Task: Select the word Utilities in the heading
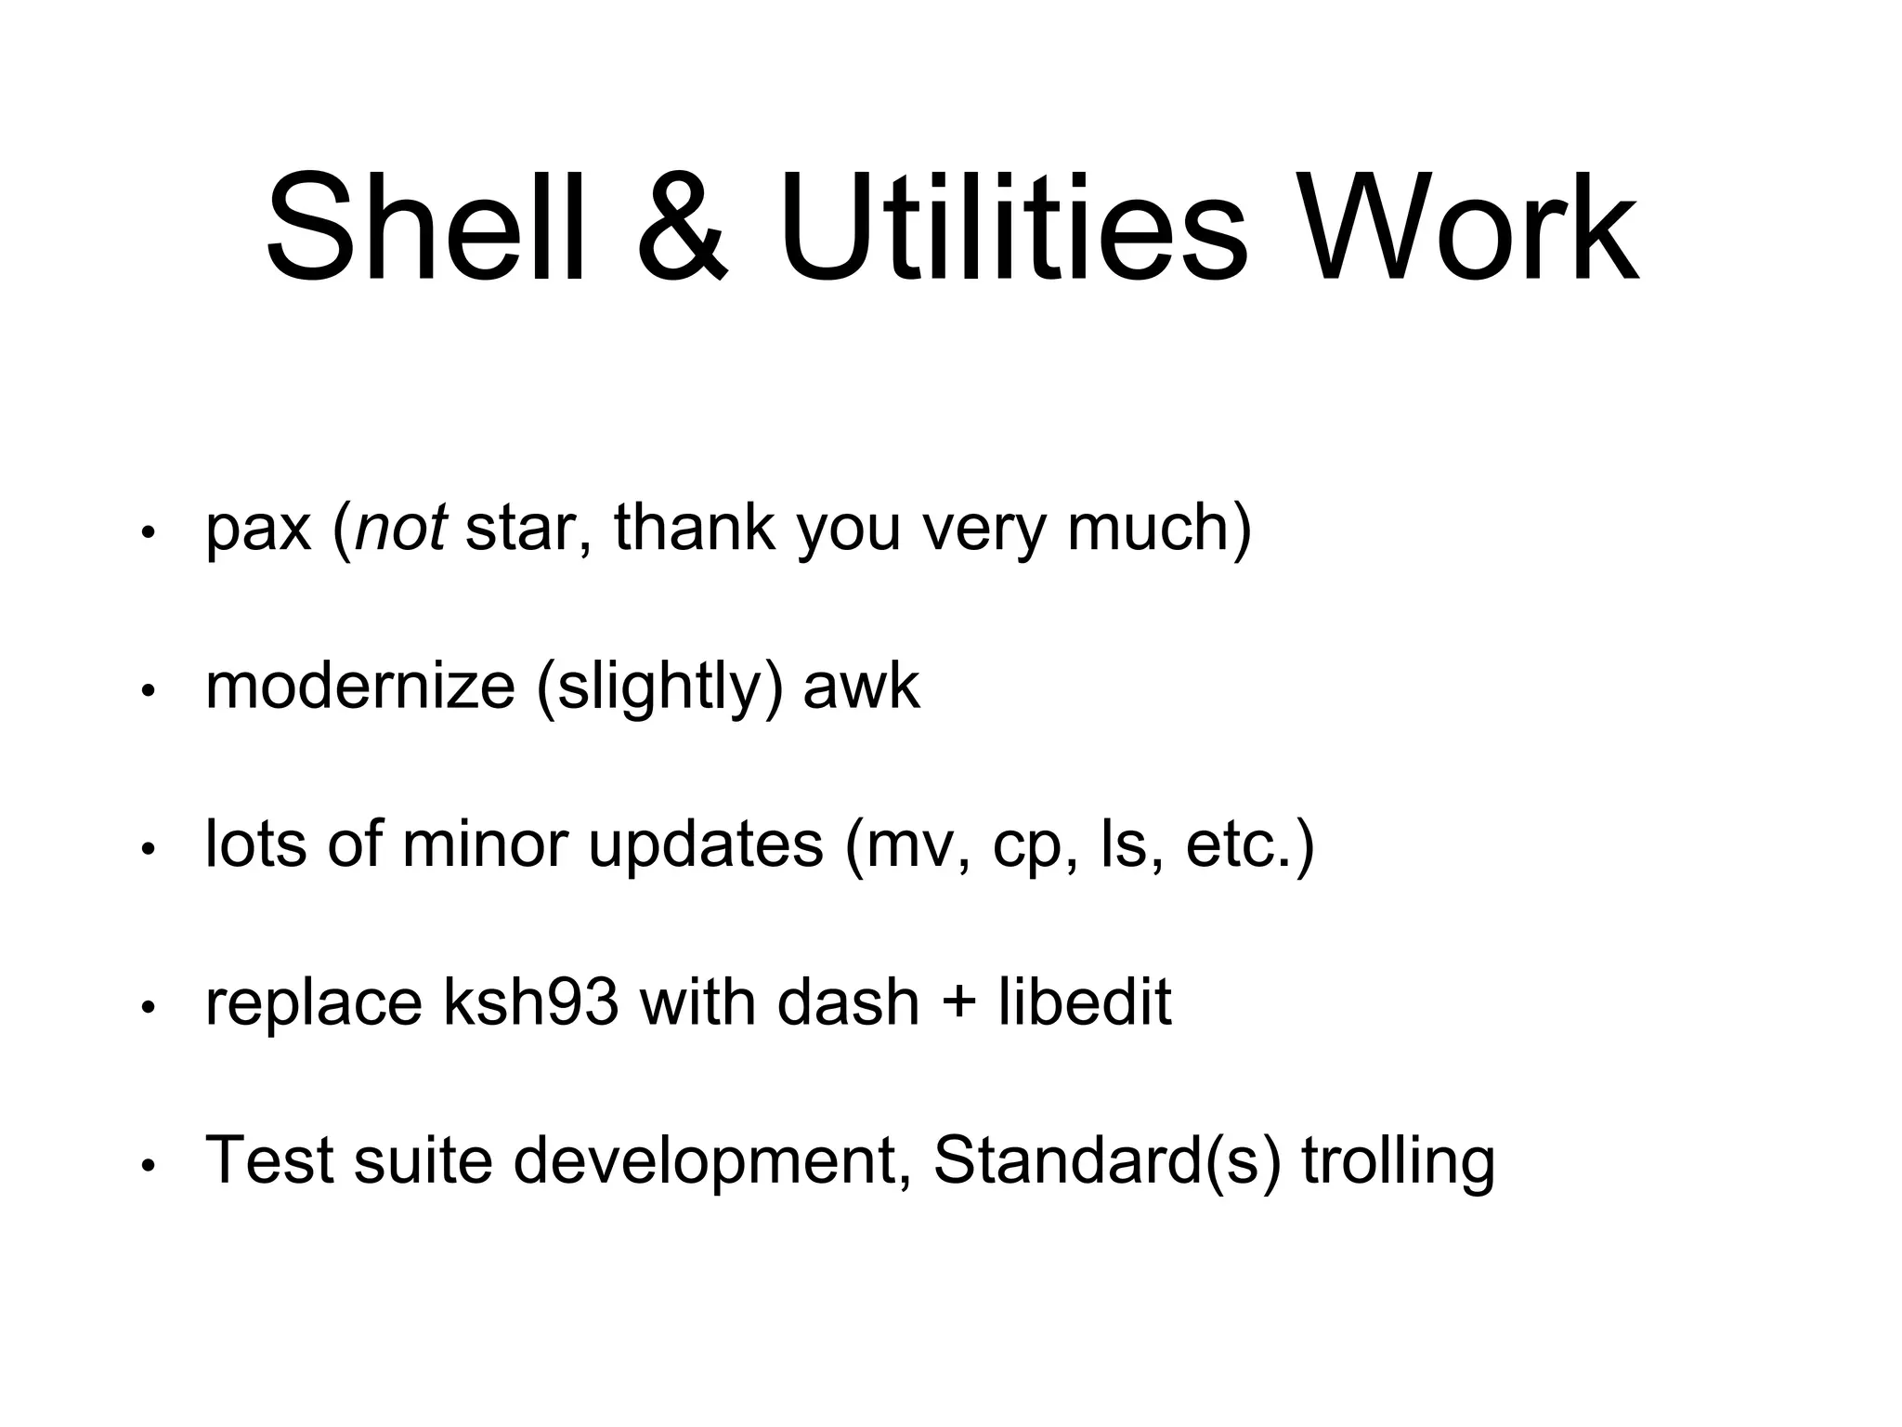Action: (1013, 228)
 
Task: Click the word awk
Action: (861, 687)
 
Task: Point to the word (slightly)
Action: (659, 688)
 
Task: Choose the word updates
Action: (706, 846)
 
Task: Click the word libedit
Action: (1085, 1003)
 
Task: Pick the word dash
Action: (848, 1003)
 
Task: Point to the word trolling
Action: (1398, 1162)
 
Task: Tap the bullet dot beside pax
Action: (147, 533)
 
